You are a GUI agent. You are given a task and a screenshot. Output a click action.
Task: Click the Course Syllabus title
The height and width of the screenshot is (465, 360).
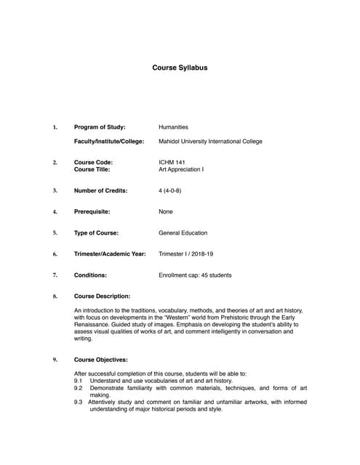(180, 68)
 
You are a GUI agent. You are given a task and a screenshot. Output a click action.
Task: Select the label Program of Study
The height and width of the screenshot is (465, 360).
(100, 127)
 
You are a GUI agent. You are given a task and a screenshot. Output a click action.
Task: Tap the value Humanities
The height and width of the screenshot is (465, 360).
(173, 127)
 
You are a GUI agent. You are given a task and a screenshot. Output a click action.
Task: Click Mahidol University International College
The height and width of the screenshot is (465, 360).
(210, 141)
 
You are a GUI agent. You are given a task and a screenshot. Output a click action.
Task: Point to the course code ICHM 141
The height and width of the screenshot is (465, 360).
(172, 162)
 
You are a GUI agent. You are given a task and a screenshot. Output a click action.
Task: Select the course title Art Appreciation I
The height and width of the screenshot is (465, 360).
(181, 169)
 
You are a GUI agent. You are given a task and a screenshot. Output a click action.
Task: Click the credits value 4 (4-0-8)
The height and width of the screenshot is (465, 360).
(172, 190)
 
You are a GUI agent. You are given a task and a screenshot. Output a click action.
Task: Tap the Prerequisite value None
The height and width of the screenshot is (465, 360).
(166, 211)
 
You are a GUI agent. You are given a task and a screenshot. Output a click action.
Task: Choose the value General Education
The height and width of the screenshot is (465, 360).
(183, 232)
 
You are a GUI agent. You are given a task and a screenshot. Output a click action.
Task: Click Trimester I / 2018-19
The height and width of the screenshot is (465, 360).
(188, 254)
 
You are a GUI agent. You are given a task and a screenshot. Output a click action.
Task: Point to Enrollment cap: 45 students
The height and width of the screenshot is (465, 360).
(195, 275)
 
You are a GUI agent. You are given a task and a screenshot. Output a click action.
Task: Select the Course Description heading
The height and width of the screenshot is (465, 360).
(103, 296)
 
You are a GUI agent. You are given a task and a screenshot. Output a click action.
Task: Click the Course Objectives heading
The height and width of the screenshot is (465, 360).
(101, 359)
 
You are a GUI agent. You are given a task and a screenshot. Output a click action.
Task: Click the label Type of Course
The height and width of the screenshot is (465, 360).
(96, 232)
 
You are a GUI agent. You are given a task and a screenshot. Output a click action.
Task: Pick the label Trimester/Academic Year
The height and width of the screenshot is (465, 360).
(110, 254)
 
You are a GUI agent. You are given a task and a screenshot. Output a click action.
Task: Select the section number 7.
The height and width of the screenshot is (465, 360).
(55, 275)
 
